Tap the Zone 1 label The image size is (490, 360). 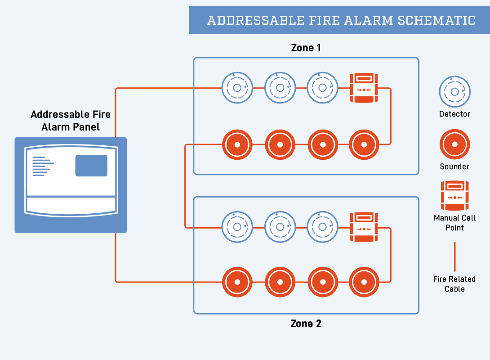[306, 48]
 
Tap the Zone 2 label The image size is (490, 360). [306, 324]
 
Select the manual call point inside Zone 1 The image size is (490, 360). [364, 88]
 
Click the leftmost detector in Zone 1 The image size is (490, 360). [237, 88]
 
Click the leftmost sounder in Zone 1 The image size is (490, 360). [237, 145]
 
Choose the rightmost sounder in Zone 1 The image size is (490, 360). [364, 145]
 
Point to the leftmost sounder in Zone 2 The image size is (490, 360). [237, 282]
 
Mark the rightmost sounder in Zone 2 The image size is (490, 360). [364, 282]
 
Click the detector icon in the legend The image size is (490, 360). [454, 92]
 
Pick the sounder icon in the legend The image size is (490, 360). [454, 144]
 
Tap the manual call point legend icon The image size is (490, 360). [454, 195]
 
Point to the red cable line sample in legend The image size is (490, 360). [454, 256]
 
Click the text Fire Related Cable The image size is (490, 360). [454, 284]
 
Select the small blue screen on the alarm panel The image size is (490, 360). [91, 166]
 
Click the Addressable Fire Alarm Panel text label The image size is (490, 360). [71, 121]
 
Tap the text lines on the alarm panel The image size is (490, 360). [42, 166]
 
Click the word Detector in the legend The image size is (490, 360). [454, 114]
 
